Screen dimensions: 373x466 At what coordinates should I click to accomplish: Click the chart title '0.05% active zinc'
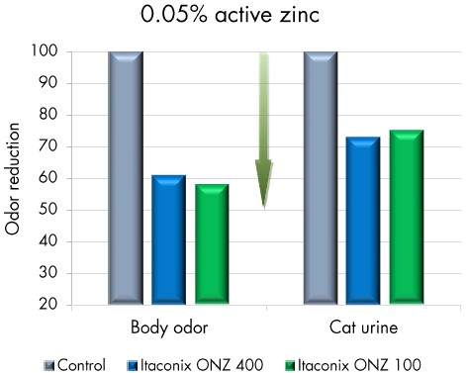click(233, 18)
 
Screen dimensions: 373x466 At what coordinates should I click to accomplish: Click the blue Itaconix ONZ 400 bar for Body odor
click(168, 238)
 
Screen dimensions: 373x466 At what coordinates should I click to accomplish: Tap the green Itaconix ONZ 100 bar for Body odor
click(211, 243)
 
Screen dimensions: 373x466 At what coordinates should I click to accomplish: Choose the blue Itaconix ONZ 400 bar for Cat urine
click(363, 220)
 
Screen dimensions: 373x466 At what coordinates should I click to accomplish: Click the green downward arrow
click(264, 129)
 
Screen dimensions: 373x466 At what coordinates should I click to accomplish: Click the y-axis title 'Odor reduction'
click(15, 178)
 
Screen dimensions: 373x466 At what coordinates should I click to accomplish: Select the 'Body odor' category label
click(167, 327)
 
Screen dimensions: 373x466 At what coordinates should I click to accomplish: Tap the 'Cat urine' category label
click(363, 327)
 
